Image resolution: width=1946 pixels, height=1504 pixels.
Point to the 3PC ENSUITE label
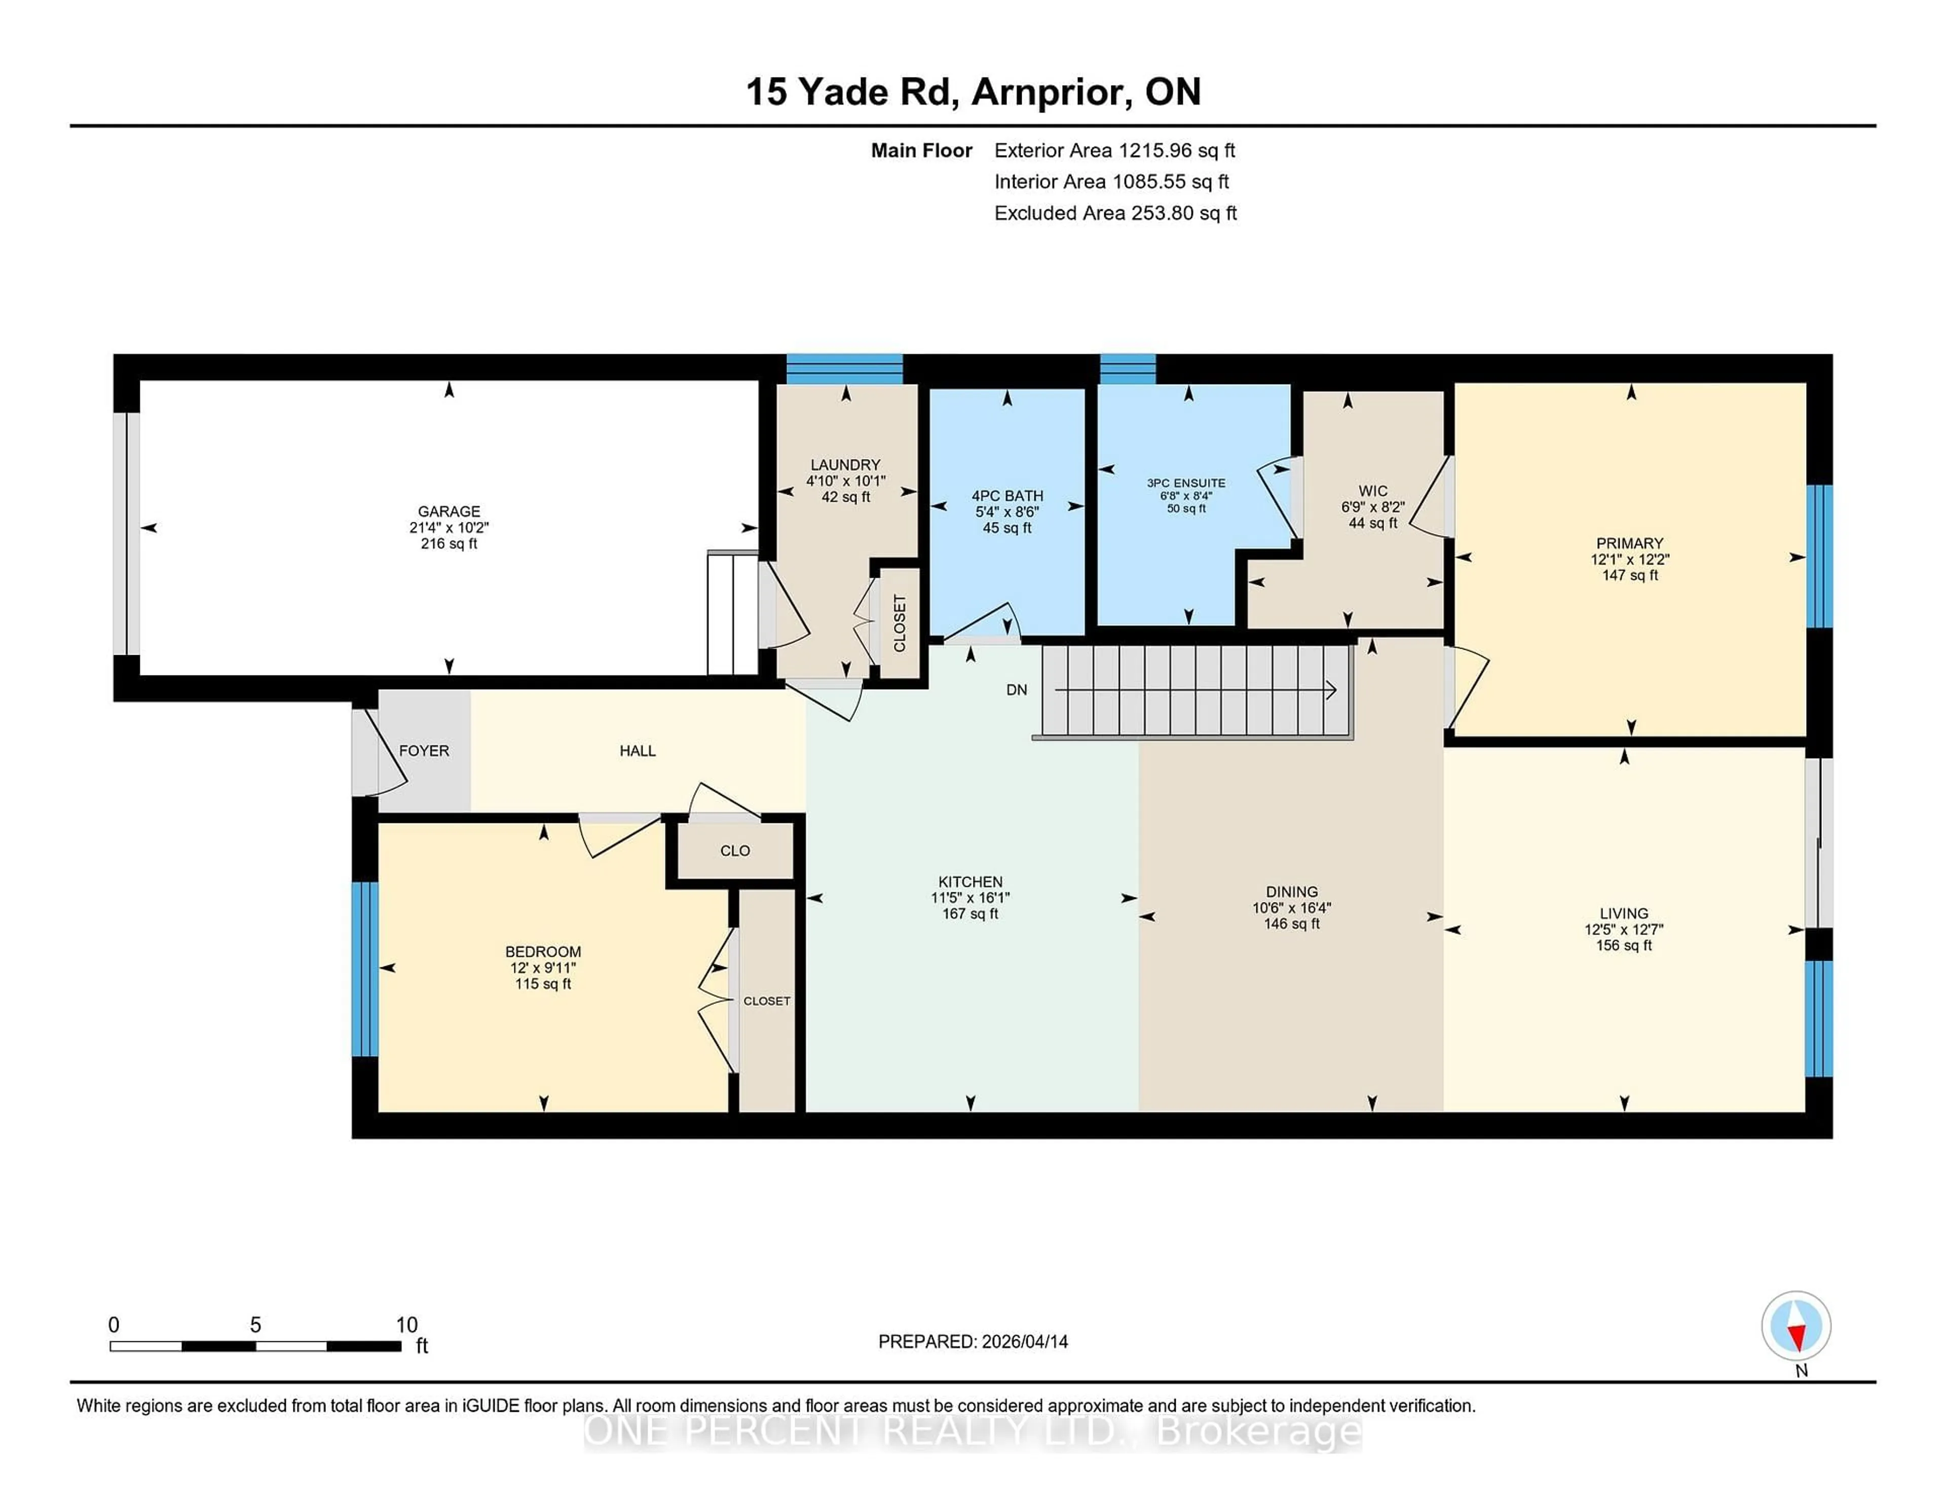(x=1186, y=483)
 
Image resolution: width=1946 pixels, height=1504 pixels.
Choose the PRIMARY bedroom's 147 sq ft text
(x=1630, y=576)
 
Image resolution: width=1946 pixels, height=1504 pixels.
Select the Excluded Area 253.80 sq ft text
(x=1115, y=213)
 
